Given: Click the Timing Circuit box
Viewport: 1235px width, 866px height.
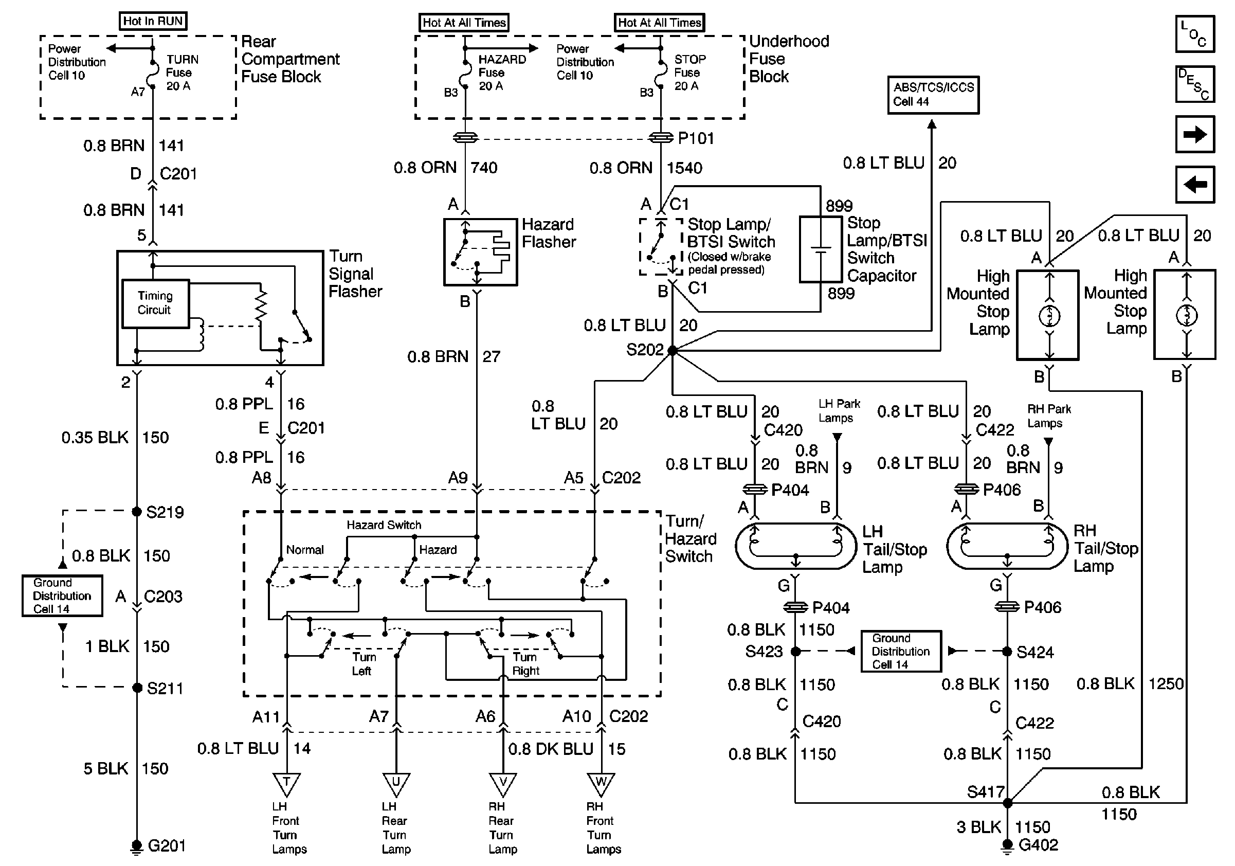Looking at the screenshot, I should pos(155,303).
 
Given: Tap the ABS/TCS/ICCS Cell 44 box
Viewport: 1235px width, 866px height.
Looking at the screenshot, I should pos(933,95).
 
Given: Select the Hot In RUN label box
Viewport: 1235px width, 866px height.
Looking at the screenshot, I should pos(153,22).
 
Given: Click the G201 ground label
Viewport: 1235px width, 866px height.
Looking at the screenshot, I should pos(166,846).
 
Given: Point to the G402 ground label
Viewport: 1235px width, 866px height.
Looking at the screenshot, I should pos(1038,845).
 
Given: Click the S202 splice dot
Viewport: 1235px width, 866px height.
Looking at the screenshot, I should pos(673,351).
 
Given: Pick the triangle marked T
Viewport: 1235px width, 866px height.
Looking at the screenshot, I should pos(286,784).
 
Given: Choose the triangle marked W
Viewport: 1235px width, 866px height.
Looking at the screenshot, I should pos(601,784).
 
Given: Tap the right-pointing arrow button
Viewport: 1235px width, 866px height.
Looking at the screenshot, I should pos(1195,134).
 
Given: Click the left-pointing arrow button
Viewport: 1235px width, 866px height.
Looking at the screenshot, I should pos(1195,185).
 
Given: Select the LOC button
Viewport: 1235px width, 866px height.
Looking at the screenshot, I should pos(1195,34).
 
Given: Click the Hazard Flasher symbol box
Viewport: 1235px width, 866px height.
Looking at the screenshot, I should pos(480,252).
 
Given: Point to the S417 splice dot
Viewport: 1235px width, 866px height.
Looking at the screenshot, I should pos(1007,803).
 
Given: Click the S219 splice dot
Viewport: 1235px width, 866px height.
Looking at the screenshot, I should pos(137,511).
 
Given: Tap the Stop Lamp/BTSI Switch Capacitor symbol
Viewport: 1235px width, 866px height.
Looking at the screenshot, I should pos(820,249).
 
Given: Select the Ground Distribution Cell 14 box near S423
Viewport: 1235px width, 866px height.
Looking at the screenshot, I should pos(900,652).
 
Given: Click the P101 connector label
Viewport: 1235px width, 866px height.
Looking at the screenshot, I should pos(696,139).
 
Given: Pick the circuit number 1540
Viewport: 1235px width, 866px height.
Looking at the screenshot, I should pos(684,168).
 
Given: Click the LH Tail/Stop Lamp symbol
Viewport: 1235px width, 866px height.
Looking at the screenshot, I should pos(795,547).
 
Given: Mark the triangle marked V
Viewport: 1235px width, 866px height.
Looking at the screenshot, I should pos(502,784).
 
